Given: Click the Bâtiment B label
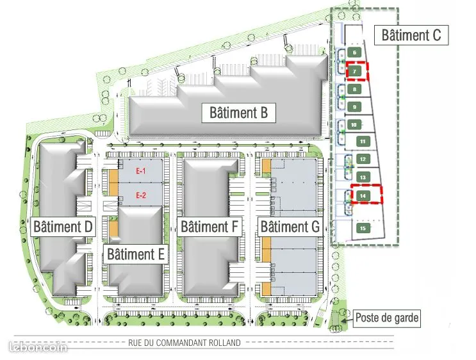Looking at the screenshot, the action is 238,113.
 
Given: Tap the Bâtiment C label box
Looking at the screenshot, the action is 411,35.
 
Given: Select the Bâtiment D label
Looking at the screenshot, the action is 63,227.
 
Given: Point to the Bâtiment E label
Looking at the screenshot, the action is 136,254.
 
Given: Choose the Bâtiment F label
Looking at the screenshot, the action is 209,227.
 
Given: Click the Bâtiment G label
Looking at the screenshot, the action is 290,227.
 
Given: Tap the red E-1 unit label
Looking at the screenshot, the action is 140,171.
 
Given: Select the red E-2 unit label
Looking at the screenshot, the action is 140,195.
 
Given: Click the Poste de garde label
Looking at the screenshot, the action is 386,318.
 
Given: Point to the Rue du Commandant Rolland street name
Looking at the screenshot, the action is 185,343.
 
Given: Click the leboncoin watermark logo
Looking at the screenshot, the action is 38,347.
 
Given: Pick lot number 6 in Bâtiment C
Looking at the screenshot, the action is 354,53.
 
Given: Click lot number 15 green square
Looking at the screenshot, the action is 363,228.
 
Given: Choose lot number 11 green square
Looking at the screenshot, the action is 363,142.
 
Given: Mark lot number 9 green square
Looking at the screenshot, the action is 354,107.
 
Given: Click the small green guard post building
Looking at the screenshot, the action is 335,319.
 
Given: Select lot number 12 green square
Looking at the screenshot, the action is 363,159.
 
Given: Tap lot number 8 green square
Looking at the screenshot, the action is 354,89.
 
